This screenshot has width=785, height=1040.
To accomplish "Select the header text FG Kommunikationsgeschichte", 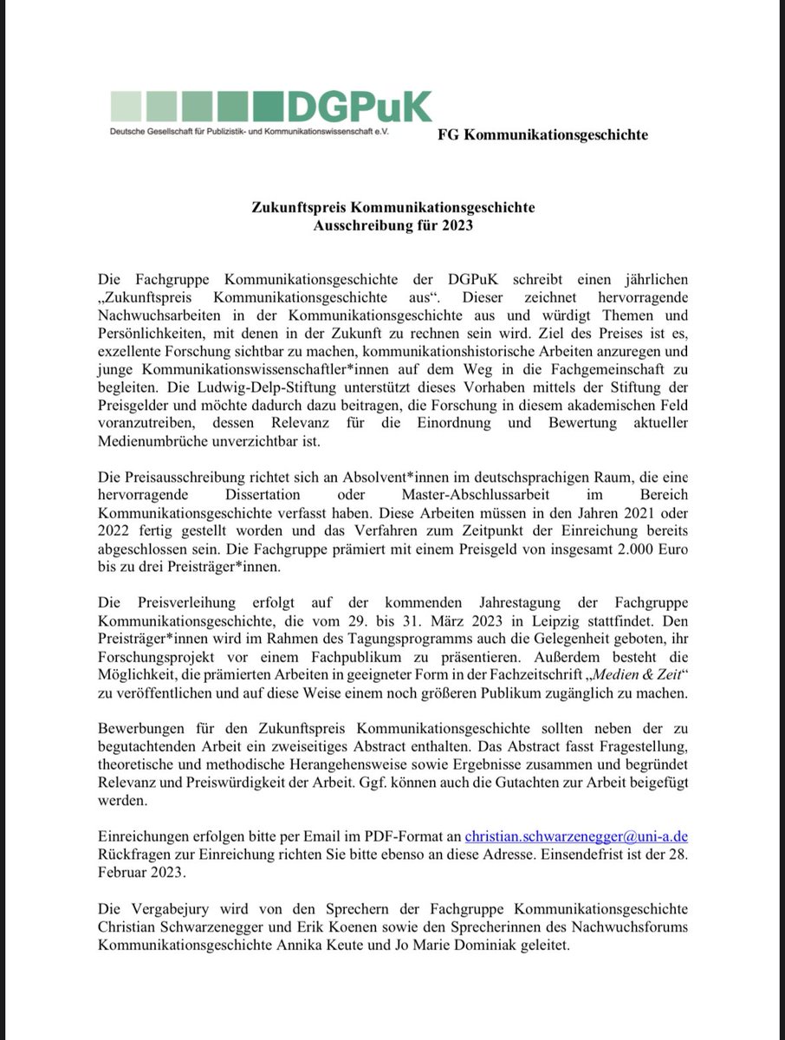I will coord(543,134).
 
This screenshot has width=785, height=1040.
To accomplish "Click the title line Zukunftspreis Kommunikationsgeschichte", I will coord(393,208).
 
